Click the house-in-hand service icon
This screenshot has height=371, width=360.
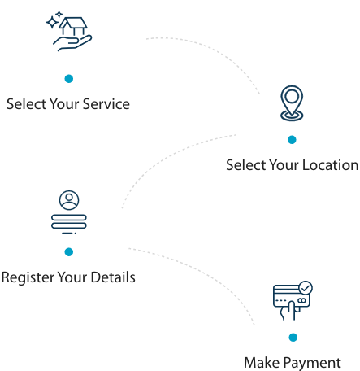point(69,31)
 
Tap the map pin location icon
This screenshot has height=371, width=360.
point(292,103)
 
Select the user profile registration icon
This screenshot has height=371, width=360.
point(69,212)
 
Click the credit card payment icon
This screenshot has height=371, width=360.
point(293,300)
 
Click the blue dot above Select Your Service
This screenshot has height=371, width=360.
point(69,79)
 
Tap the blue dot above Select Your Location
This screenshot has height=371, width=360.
point(292,140)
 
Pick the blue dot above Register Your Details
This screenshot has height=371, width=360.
point(69,252)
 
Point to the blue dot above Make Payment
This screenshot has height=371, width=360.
point(293,338)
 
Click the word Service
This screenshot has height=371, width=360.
point(106,104)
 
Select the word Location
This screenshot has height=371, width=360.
point(331,165)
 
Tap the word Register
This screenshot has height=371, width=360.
point(28,277)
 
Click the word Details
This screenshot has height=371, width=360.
point(113,277)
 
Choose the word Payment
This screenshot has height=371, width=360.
point(313,363)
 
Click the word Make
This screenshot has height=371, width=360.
point(262,363)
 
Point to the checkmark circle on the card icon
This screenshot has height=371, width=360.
point(306,288)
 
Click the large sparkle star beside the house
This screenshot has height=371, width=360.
point(52,22)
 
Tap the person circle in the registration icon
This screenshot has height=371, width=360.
point(69,200)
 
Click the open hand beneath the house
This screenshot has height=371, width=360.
point(72,43)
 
